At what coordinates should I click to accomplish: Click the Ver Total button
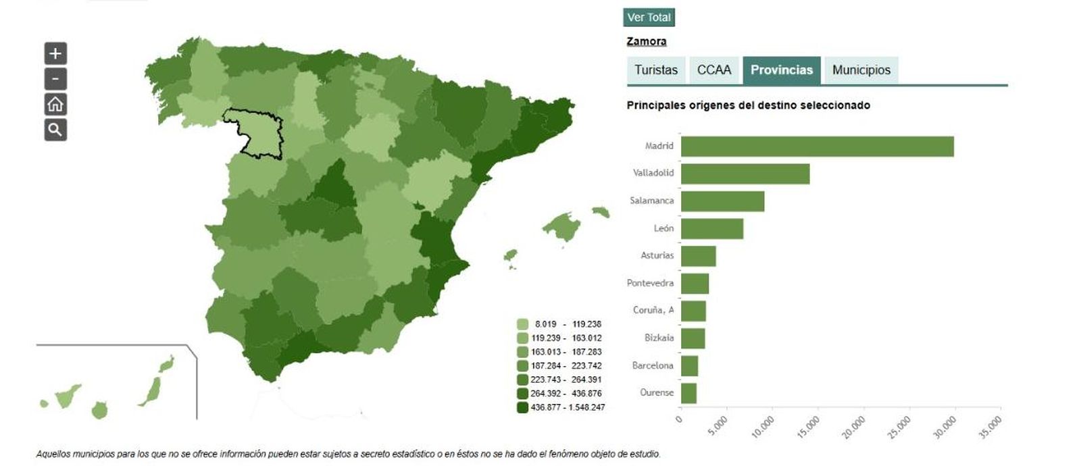coord(649,18)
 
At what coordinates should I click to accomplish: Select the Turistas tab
coord(655,70)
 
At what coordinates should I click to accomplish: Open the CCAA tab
coord(714,70)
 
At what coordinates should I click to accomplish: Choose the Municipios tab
coord(861,70)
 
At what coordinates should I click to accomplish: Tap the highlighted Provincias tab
coord(782,70)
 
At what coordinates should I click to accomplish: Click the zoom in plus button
coord(55,53)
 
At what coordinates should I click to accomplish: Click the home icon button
coord(55,104)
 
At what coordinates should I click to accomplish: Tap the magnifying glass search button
coord(55,130)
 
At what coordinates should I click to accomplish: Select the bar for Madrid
coord(817,147)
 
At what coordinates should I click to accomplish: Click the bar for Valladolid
coord(745,174)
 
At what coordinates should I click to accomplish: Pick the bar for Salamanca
coord(722,201)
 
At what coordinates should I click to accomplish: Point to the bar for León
coord(711,229)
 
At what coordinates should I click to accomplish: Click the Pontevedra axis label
coord(650,283)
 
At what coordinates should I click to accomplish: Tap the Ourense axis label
coord(657,392)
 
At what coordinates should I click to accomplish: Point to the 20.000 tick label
coord(854,427)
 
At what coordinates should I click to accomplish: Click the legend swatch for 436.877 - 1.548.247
coord(522,407)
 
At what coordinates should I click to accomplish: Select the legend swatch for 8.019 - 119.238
coord(522,324)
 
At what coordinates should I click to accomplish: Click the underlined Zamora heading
coord(646,41)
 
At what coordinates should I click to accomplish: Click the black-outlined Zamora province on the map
coord(260,135)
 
